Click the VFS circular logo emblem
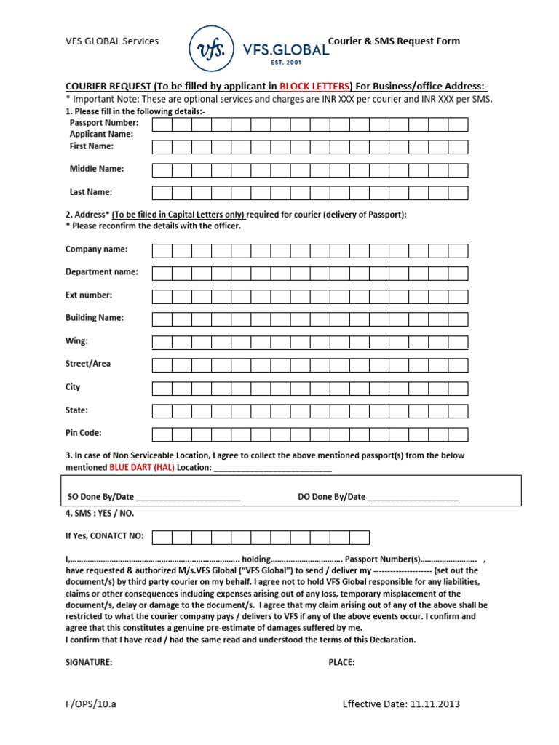point(212,49)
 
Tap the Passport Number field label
point(103,123)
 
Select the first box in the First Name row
point(162,148)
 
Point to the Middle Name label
point(96,169)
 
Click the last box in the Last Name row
point(458,193)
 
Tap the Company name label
point(96,249)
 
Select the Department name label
point(101,272)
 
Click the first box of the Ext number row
point(162,296)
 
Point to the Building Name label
point(95,318)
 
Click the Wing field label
point(76,340)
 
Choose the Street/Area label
point(88,364)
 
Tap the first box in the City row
point(162,388)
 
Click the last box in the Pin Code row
point(458,434)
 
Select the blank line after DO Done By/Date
point(413,498)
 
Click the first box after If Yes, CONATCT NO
point(162,538)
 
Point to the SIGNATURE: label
point(89,663)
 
